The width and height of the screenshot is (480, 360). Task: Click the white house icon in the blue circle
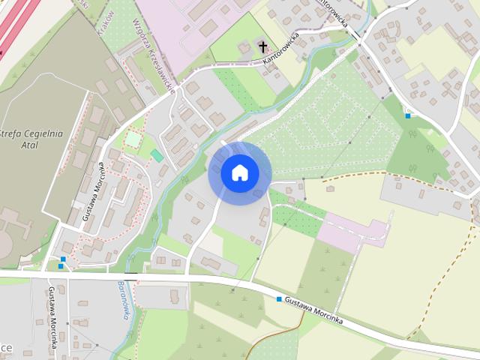pos(239,172)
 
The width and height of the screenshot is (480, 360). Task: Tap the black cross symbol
pos(263,47)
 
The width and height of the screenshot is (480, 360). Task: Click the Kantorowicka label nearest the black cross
pos(277,48)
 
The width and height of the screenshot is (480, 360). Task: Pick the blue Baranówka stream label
pos(123,299)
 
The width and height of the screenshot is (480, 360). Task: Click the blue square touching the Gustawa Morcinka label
pos(279,300)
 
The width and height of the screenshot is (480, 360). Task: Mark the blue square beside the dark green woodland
pos(407,115)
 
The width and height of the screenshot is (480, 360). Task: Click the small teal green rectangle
pos(157,155)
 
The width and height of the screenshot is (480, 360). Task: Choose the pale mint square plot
pos(133,139)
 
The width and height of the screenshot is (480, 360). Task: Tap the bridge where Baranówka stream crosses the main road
pos(129,277)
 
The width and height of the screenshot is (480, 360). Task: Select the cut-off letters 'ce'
pos(6,349)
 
